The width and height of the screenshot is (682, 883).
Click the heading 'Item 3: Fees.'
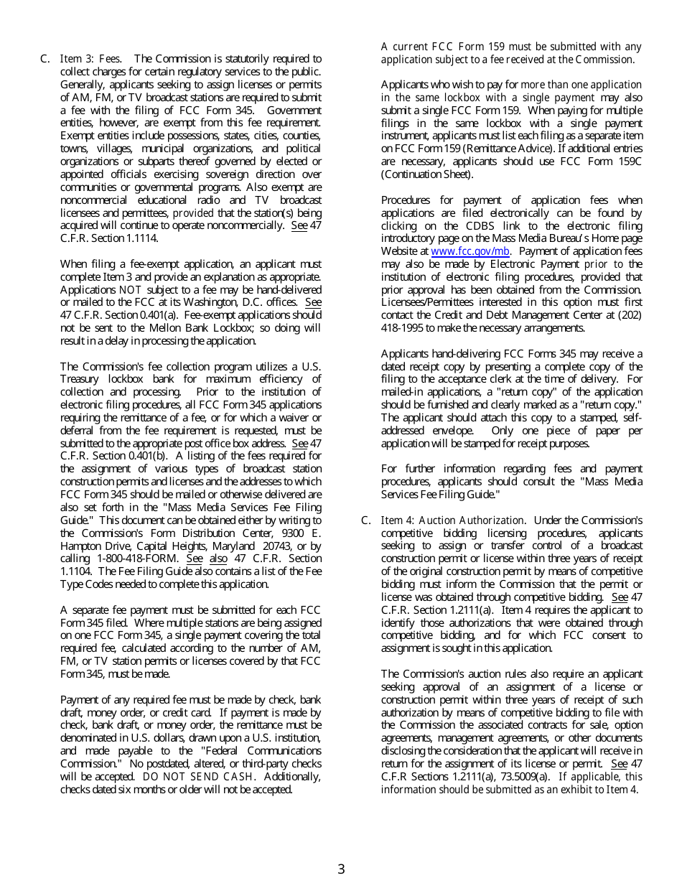click(90, 59)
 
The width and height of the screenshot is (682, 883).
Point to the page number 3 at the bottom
click(341, 869)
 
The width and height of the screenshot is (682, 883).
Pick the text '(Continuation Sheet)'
click(427, 174)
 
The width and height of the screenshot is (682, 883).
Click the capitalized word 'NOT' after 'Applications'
click(130, 289)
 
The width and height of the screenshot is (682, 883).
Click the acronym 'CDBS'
click(464, 225)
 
